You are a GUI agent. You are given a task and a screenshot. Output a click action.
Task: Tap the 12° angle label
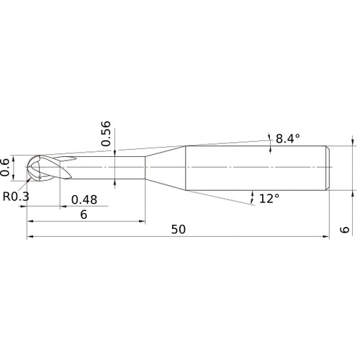pyautogui.click(x=269, y=198)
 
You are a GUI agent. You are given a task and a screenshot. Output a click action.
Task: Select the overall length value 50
pyautogui.click(x=179, y=229)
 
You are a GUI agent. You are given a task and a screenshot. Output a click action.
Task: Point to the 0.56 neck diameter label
pyautogui.click(x=107, y=133)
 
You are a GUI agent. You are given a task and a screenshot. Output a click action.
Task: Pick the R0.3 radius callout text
pyautogui.click(x=16, y=196)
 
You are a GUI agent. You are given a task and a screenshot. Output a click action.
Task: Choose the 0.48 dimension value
pyautogui.click(x=84, y=200)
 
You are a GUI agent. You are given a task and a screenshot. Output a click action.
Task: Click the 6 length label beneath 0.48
pyautogui.click(x=84, y=215)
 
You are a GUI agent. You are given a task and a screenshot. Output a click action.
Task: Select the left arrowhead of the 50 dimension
pyautogui.click(x=30, y=237)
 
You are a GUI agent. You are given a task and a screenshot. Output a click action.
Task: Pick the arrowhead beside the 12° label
pyautogui.click(x=253, y=194)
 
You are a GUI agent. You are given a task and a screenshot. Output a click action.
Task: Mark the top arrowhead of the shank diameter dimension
pyautogui.click(x=352, y=142)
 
